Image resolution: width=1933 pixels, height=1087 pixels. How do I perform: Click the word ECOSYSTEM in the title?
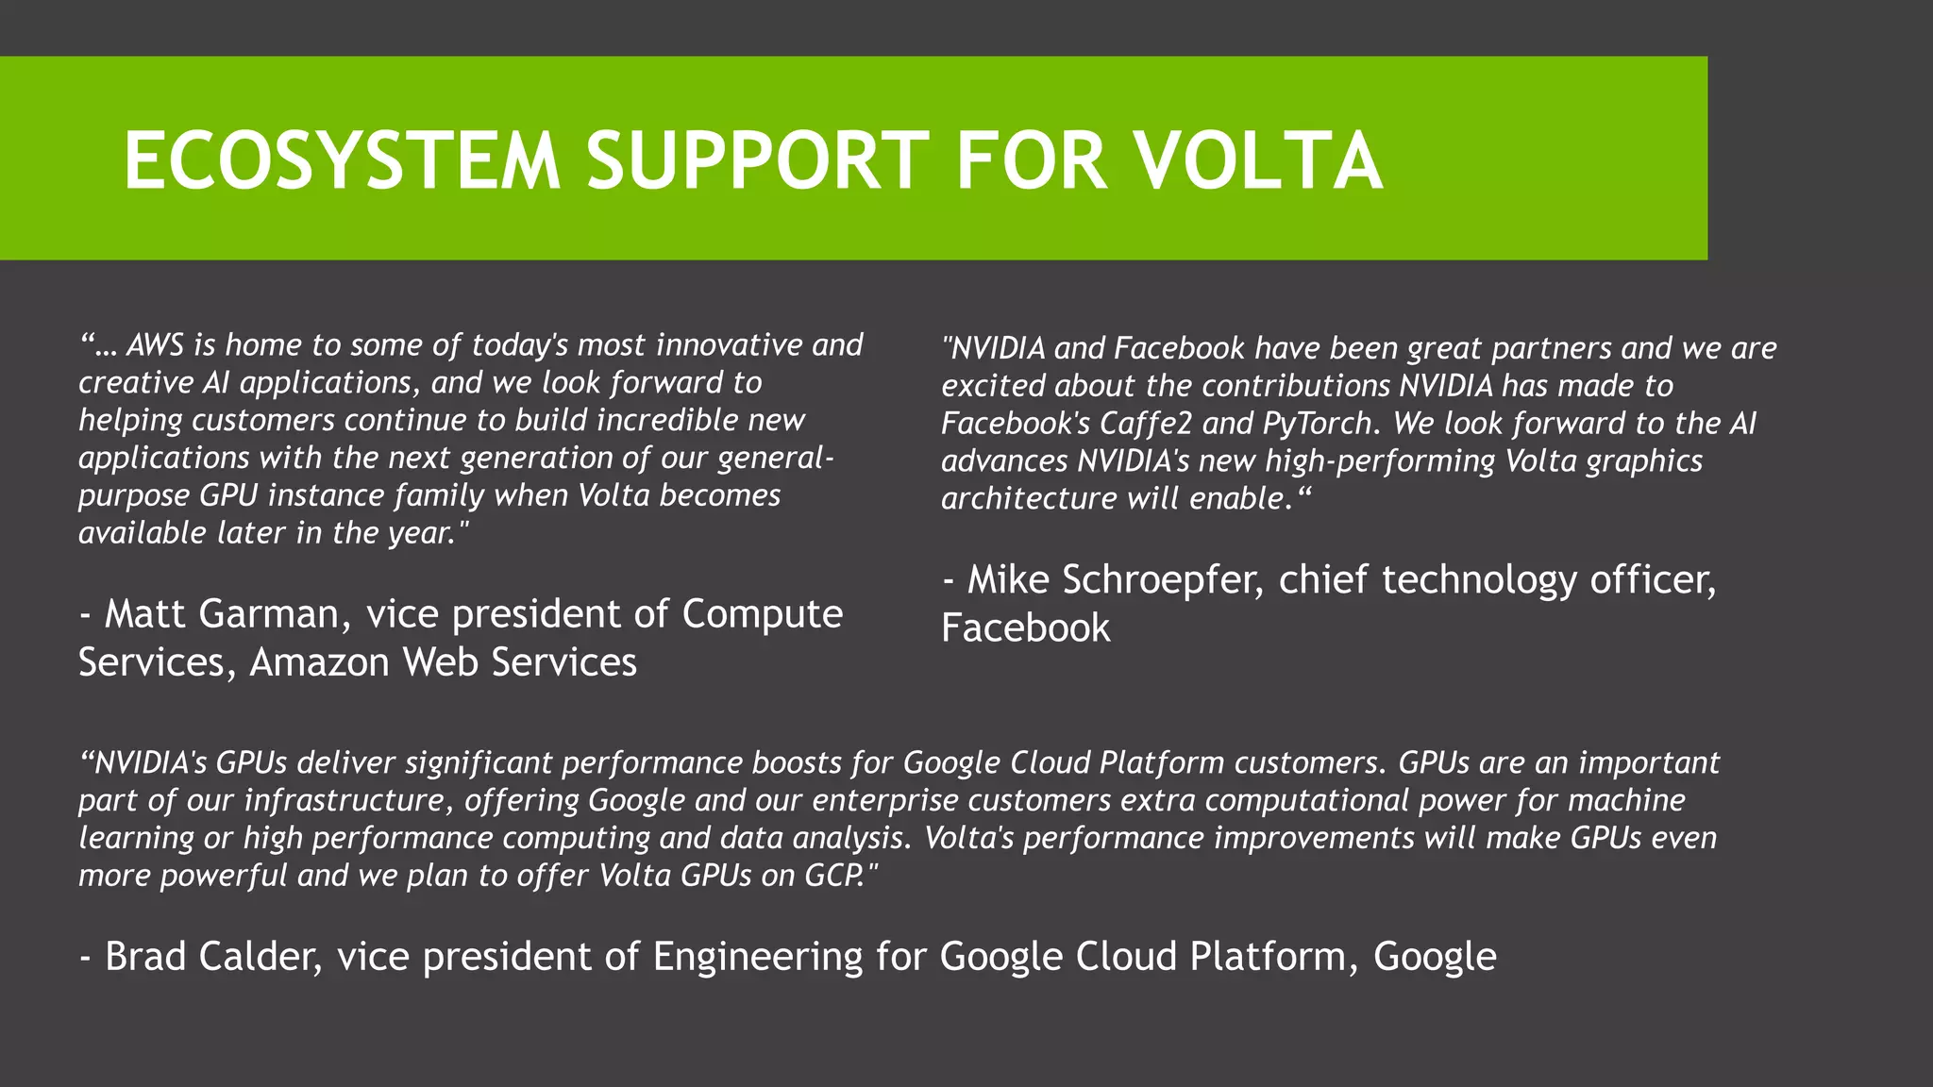point(342,160)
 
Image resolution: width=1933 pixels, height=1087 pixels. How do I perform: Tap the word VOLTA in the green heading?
point(1258,160)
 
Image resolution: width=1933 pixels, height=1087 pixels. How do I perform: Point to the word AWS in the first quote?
point(155,345)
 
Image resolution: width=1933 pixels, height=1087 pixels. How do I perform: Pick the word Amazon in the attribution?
point(319,662)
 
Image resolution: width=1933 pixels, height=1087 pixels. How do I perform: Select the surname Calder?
point(261,957)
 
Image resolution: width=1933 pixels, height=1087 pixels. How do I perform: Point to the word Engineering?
point(758,957)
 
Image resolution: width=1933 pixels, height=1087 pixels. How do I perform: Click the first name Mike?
point(1008,580)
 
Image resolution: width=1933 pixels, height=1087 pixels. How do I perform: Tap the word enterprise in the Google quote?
point(884,800)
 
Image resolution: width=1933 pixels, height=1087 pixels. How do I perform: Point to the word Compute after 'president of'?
point(762,614)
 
